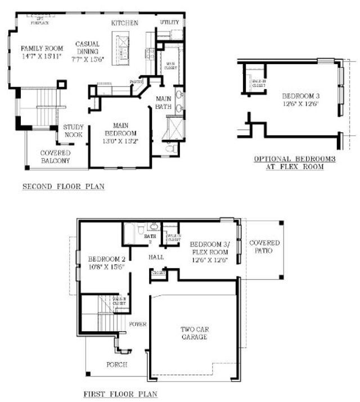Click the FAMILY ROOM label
click(x=37, y=49)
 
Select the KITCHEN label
click(x=124, y=23)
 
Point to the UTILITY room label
click(x=169, y=22)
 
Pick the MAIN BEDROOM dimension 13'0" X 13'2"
click(x=121, y=141)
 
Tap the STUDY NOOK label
click(x=73, y=131)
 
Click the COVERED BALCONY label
click(x=55, y=157)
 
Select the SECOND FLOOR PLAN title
click(x=63, y=186)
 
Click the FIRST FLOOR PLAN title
click(x=119, y=394)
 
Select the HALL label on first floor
click(x=156, y=257)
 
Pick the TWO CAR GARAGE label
click(x=193, y=333)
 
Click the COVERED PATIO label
click(x=264, y=246)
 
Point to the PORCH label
click(x=116, y=364)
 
